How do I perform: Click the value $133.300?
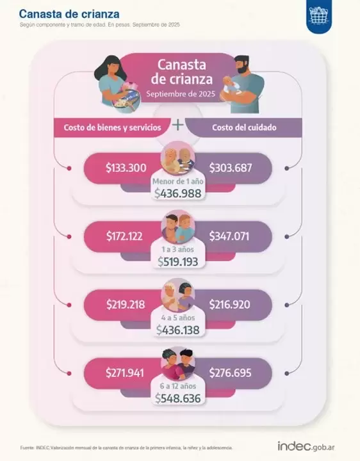click(x=126, y=168)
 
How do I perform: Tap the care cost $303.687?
click(x=231, y=168)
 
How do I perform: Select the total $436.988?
click(x=178, y=193)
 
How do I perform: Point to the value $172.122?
click(x=124, y=236)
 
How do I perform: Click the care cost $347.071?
click(x=229, y=236)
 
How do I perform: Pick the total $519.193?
click(x=178, y=262)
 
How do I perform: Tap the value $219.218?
click(x=126, y=305)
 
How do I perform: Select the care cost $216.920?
click(x=230, y=305)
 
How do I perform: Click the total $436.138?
click(x=178, y=330)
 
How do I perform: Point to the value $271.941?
click(x=125, y=373)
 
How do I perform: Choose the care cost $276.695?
click(x=231, y=373)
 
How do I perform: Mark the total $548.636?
click(x=178, y=398)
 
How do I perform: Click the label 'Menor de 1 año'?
click(x=178, y=181)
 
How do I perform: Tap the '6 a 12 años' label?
click(x=178, y=386)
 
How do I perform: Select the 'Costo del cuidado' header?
click(x=244, y=127)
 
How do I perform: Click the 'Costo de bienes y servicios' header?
click(x=112, y=127)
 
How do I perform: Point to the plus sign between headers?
click(x=178, y=125)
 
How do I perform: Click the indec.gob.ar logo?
click(x=306, y=446)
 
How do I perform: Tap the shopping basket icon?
click(x=319, y=15)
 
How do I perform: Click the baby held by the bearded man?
click(x=233, y=86)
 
